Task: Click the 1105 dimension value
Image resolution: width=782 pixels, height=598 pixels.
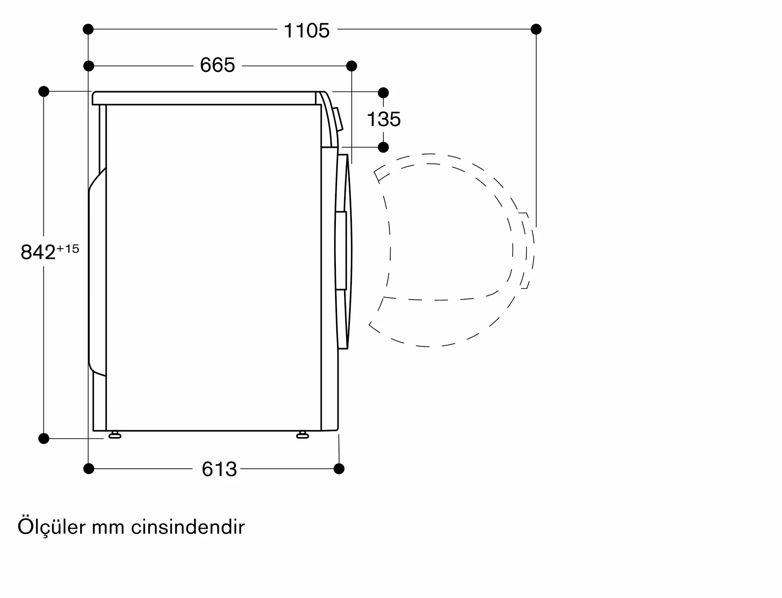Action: (307, 31)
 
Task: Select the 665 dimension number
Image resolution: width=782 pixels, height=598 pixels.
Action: (217, 65)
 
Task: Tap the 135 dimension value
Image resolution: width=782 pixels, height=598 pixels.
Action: (384, 119)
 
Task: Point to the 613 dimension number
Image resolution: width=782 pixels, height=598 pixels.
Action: (219, 469)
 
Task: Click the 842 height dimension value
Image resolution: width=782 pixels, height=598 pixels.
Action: (38, 252)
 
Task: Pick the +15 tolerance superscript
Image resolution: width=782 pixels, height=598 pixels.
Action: (68, 249)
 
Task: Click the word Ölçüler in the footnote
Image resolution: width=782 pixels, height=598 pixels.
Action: (51, 527)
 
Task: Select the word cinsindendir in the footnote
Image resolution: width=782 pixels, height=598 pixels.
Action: (188, 527)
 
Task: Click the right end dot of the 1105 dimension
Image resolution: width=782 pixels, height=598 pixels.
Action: (536, 29)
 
